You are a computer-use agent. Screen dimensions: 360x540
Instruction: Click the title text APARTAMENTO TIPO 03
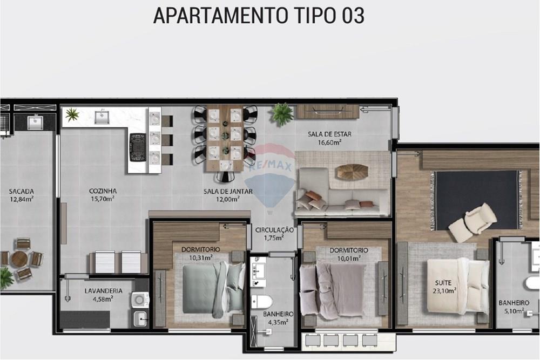(259, 16)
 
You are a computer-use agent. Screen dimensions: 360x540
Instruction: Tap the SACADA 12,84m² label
(22, 195)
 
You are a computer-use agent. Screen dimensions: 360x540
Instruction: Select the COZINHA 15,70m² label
(103, 195)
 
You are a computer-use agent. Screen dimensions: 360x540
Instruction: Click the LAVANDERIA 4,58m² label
(103, 295)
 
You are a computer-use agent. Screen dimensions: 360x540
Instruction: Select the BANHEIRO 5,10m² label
(514, 307)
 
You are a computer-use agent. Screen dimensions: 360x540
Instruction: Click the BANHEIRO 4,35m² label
(278, 318)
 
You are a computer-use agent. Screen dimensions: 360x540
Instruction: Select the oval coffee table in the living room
(352, 172)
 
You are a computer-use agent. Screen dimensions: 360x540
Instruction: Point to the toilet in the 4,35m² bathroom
(262, 301)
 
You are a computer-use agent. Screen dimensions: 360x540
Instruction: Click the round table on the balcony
(20, 259)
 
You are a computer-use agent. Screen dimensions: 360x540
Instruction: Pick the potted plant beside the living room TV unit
(281, 113)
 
